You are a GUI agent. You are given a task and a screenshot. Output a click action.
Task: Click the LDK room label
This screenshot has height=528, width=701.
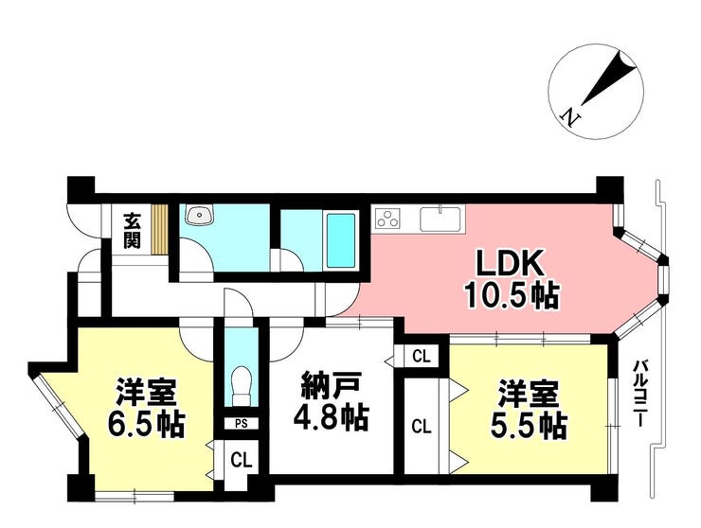point(510,264)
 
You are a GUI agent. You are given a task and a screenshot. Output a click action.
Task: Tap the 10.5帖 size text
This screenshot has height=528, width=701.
point(512,295)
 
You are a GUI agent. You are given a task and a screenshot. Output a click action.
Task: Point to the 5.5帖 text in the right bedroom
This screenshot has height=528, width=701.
point(529,427)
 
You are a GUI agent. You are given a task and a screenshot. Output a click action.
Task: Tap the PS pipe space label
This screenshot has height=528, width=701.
point(242,424)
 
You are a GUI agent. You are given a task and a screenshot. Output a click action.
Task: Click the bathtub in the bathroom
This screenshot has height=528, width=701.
point(341,239)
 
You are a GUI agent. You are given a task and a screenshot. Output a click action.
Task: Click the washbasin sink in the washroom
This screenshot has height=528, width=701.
point(201,216)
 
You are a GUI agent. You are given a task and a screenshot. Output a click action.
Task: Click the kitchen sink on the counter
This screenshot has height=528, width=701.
point(440,219)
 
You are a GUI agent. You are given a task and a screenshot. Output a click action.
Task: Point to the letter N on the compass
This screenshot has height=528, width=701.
point(570,117)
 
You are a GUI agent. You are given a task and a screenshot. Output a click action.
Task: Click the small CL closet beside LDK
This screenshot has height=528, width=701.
point(422,357)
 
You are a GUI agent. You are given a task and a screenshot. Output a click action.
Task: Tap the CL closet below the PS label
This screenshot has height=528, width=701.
point(242,459)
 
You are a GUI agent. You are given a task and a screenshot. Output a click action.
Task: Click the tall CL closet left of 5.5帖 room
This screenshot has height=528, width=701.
point(422,427)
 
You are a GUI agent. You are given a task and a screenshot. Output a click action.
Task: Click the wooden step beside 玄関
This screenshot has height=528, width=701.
point(160,230)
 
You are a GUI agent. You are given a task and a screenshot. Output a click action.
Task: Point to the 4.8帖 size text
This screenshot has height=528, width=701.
point(331,416)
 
